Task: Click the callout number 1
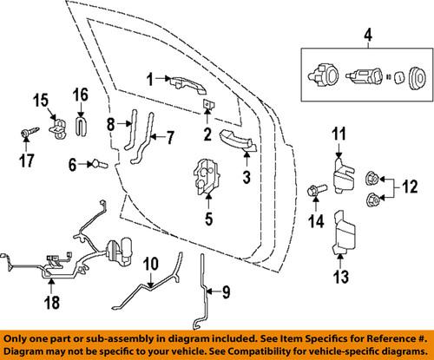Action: coord(148,80)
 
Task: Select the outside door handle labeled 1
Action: coord(178,83)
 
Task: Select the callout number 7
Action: coord(170,136)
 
